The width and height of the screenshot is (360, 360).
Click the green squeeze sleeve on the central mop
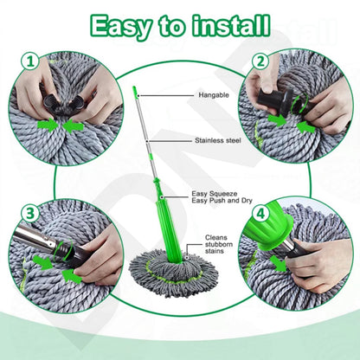pyautogui.click(x=164, y=216)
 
